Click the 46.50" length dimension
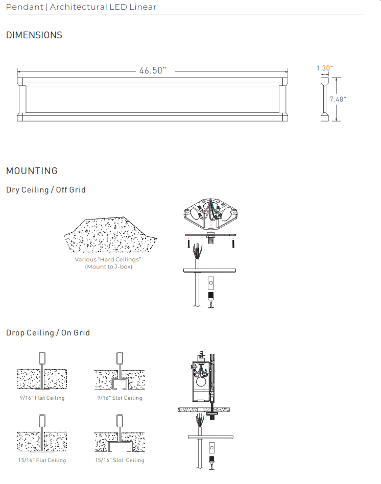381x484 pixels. (153, 70)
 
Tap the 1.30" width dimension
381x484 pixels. (324, 68)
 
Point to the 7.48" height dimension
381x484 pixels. (338, 99)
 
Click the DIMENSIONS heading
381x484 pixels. (34, 35)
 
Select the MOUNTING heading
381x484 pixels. (32, 171)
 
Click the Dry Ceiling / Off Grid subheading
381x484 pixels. (45, 190)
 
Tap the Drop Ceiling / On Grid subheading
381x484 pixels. (48, 333)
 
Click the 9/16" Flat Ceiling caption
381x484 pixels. (42, 398)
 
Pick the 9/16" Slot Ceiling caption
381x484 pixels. (120, 398)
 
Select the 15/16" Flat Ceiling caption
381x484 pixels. (42, 460)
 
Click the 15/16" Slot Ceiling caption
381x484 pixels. (120, 460)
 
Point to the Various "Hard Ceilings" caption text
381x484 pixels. (108, 259)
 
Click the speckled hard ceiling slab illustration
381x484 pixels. (110, 234)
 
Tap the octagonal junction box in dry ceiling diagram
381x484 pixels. (210, 213)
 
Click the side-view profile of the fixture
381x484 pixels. (324, 99)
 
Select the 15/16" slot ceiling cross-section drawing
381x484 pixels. (120, 433)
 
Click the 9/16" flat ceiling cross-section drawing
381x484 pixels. (42, 371)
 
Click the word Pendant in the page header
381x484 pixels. (25, 7)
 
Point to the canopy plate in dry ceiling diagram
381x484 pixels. (209, 271)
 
